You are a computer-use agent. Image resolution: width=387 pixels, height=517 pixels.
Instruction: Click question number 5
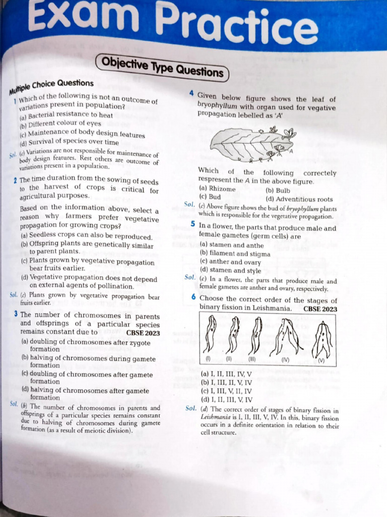(193, 224)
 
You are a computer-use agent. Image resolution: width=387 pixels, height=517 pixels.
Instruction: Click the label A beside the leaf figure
(291, 150)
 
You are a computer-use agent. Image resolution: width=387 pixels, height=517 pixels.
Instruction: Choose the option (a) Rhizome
(218, 189)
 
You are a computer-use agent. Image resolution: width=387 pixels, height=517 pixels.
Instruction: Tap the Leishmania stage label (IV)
(286, 360)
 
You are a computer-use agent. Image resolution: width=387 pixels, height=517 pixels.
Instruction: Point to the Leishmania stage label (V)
(321, 361)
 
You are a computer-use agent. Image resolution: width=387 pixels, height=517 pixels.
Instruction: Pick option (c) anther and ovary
(230, 262)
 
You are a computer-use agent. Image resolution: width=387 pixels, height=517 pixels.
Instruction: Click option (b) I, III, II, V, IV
(226, 383)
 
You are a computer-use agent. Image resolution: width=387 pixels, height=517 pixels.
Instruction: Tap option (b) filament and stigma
(235, 254)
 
